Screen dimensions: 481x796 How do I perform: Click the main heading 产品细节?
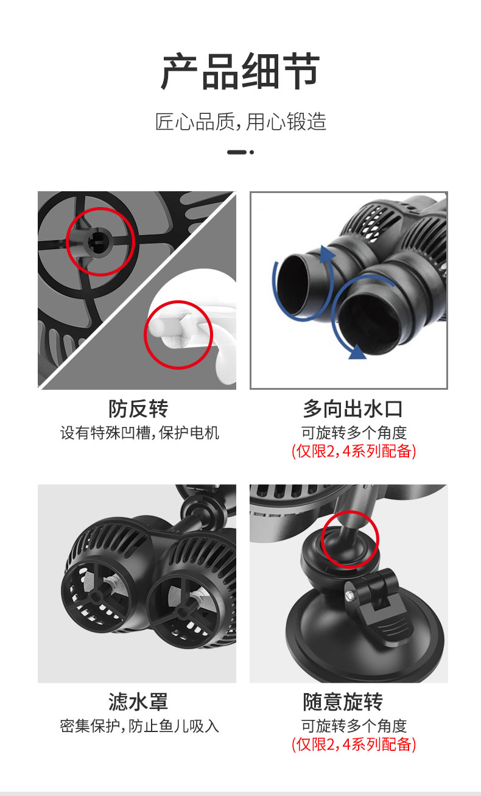(x=240, y=71)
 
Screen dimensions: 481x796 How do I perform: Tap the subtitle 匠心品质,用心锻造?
(x=240, y=122)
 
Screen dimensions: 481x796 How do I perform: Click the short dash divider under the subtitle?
(x=240, y=152)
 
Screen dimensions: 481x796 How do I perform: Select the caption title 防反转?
(x=138, y=409)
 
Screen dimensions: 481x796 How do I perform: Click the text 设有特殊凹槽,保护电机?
(x=139, y=433)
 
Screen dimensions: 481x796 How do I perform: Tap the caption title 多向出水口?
(x=353, y=409)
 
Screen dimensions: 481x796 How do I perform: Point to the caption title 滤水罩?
(x=138, y=702)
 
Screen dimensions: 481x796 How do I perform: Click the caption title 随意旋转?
(x=343, y=702)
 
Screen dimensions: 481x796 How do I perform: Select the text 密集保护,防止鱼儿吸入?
(x=139, y=726)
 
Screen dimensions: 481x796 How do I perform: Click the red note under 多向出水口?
(x=354, y=451)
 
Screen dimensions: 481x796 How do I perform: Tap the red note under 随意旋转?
(x=354, y=744)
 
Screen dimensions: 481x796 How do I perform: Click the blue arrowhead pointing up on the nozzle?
(x=327, y=253)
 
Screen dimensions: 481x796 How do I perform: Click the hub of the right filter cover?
(x=183, y=612)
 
